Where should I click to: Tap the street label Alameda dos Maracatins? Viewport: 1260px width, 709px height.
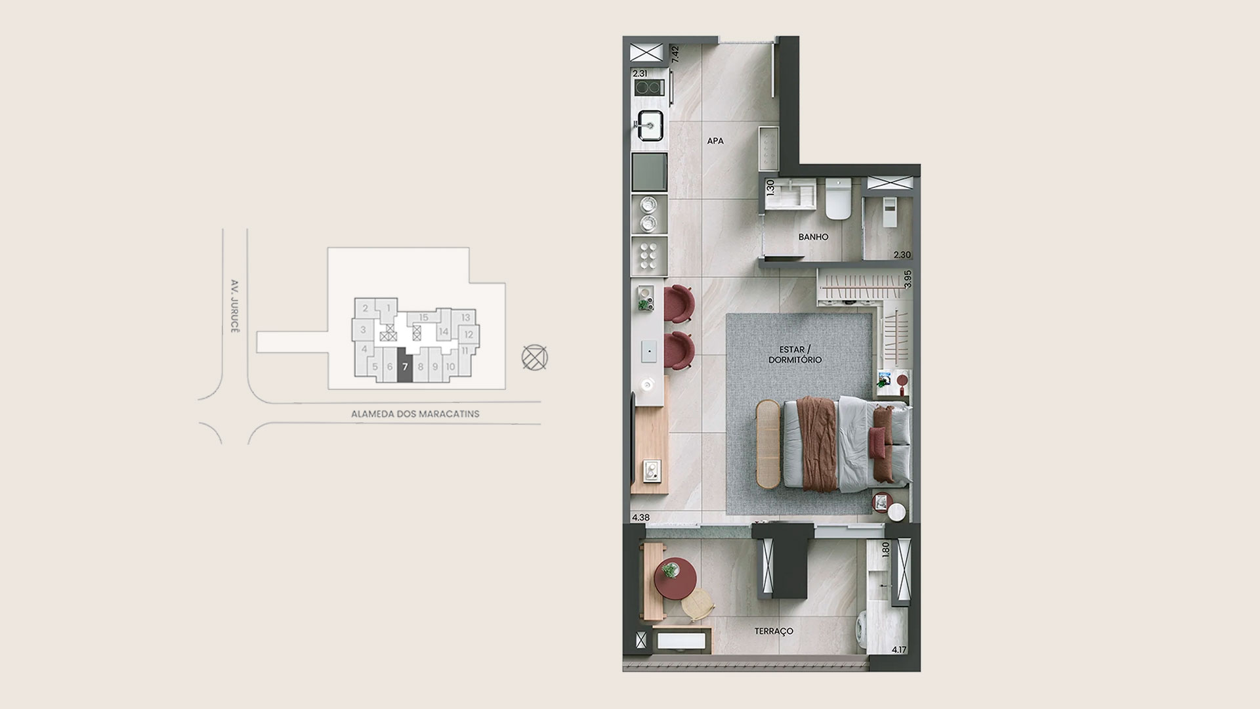pos(415,414)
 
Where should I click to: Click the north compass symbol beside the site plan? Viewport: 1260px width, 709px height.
pos(534,358)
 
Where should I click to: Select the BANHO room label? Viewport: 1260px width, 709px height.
pos(813,237)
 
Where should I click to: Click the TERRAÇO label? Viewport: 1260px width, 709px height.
pos(774,631)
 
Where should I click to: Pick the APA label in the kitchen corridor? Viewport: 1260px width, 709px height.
pos(715,140)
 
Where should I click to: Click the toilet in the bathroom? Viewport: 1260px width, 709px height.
pos(837,198)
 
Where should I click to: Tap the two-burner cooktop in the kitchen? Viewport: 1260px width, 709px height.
pos(648,88)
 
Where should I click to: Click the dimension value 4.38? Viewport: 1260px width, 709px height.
pos(640,517)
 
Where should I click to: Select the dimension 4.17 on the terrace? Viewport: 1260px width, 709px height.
pos(899,650)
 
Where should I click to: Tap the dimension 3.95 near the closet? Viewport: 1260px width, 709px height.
pos(908,280)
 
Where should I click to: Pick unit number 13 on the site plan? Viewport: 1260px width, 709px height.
pos(465,318)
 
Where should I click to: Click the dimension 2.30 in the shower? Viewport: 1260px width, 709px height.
pos(902,255)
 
